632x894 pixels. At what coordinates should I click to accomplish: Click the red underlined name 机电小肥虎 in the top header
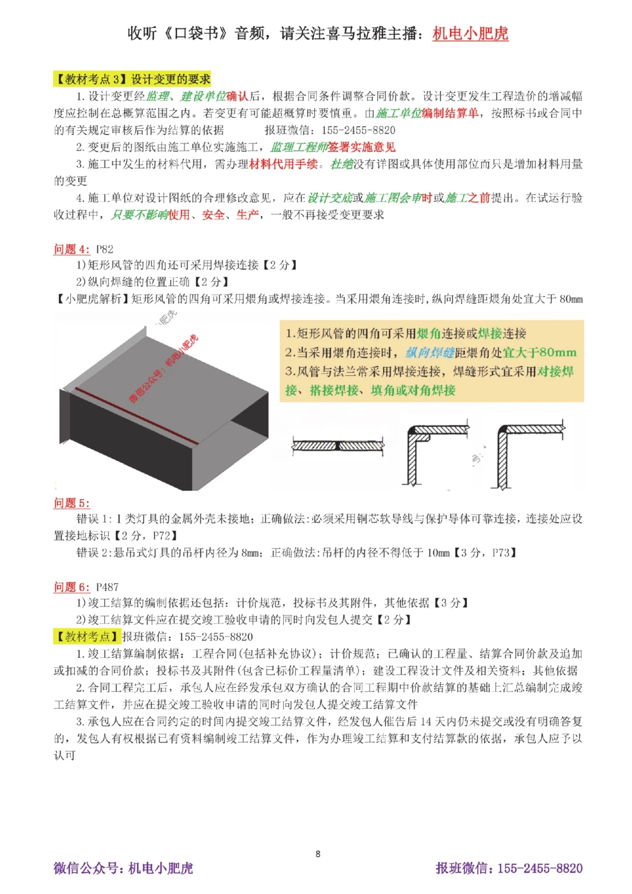click(x=470, y=33)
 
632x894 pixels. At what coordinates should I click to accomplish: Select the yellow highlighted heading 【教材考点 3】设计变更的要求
click(x=132, y=79)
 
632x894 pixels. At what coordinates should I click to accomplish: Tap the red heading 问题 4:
click(x=71, y=249)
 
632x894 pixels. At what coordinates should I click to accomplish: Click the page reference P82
click(x=105, y=249)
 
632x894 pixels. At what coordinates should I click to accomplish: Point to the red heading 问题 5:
click(x=71, y=503)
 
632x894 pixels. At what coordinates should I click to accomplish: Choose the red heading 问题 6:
click(x=71, y=587)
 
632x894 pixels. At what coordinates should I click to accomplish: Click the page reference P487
click(x=107, y=587)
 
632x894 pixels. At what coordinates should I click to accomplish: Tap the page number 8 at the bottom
click(x=318, y=854)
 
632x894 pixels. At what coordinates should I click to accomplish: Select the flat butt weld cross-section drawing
click(x=338, y=445)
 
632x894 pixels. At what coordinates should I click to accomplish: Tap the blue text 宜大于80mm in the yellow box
click(x=540, y=353)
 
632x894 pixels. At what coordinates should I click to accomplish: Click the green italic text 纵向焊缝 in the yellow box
click(x=430, y=353)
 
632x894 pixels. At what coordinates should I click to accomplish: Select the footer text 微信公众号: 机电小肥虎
click(x=123, y=869)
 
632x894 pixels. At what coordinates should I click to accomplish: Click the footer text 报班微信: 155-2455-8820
click(x=509, y=869)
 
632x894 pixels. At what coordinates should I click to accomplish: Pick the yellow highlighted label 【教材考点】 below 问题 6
click(x=87, y=637)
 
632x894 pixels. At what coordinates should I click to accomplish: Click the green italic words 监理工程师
click(x=299, y=147)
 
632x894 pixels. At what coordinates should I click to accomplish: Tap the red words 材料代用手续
click(x=284, y=164)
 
